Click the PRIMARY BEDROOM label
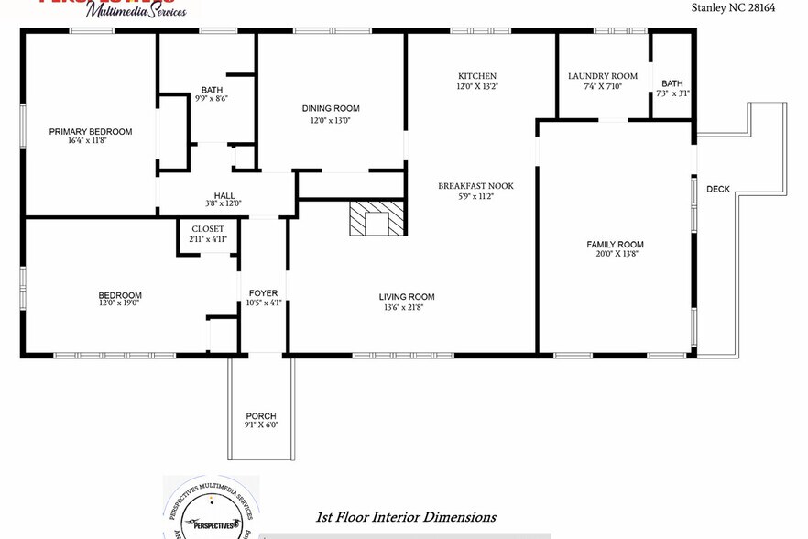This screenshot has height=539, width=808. tap(90, 131)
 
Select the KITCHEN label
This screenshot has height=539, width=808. tap(476, 76)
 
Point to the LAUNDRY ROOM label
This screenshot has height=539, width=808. tap(602, 76)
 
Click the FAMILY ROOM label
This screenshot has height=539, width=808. tap(615, 244)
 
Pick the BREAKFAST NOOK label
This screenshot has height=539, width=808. tap(475, 186)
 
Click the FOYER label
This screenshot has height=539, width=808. tap(263, 293)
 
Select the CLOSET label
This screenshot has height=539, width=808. tap(207, 229)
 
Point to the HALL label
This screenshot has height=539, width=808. tap(224, 195)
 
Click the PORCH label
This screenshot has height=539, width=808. tap(261, 415)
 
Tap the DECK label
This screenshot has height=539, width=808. tap(718, 190)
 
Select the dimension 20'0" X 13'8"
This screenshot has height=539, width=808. tap(615, 254)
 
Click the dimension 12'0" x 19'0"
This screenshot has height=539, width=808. tap(119, 304)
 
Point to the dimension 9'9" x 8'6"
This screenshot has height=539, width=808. tap(212, 99)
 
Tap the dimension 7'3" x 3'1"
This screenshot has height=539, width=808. tap(672, 93)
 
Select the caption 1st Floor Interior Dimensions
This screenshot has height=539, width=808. tap(405, 517)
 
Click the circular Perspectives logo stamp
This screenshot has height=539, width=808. tap(210, 509)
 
